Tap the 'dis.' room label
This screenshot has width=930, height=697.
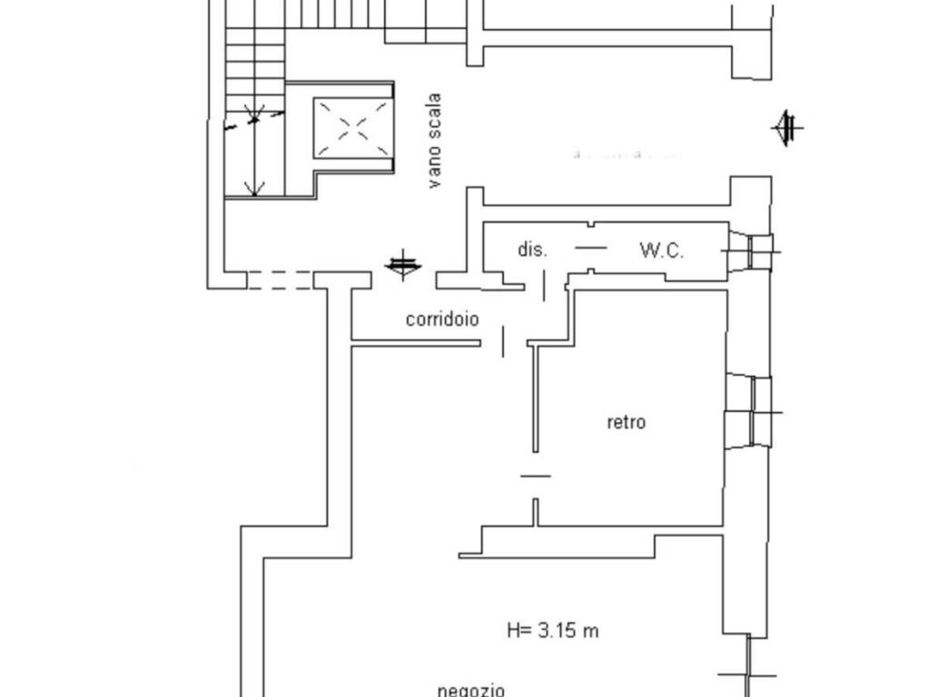pyautogui.click(x=532, y=250)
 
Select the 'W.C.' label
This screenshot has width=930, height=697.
pyautogui.click(x=661, y=250)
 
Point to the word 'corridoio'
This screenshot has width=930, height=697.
pyautogui.click(x=442, y=319)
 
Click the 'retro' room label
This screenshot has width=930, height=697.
pyautogui.click(x=626, y=422)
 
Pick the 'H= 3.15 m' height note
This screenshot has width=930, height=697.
pyautogui.click(x=552, y=630)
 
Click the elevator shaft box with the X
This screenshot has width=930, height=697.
pyautogui.click(x=353, y=129)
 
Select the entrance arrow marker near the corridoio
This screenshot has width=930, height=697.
pyautogui.click(x=403, y=265)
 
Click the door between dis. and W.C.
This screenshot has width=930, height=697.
pyautogui.click(x=590, y=247)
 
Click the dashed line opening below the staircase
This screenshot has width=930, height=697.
pyautogui.click(x=280, y=280)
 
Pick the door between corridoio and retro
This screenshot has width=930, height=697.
pyautogui.click(x=504, y=343)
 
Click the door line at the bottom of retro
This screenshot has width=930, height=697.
pyautogui.click(x=535, y=475)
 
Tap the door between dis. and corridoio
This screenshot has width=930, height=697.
pyautogui.click(x=544, y=285)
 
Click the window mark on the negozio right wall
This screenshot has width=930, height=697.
pyautogui.click(x=747, y=673)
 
